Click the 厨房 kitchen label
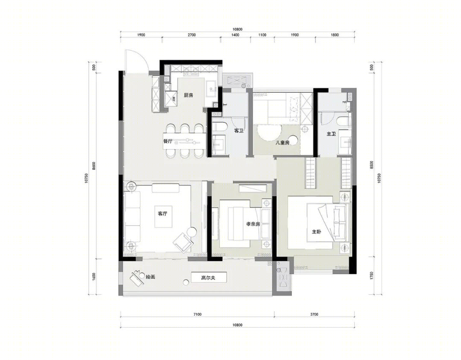tap(188, 95)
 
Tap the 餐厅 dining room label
tap(168, 141)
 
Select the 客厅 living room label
tap(163, 214)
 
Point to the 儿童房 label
tap(283, 143)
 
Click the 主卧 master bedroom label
tap(316, 232)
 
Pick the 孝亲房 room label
tap(253, 224)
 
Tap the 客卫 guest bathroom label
tap(239, 131)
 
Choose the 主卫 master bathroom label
tap(331, 134)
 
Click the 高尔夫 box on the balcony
tap(209, 277)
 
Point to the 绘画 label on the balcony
tap(151, 277)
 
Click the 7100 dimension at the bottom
tap(198, 314)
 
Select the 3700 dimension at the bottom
tap(314, 314)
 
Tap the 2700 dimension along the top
tap(191, 35)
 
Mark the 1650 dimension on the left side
tap(94, 277)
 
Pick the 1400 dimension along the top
tap(235, 35)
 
